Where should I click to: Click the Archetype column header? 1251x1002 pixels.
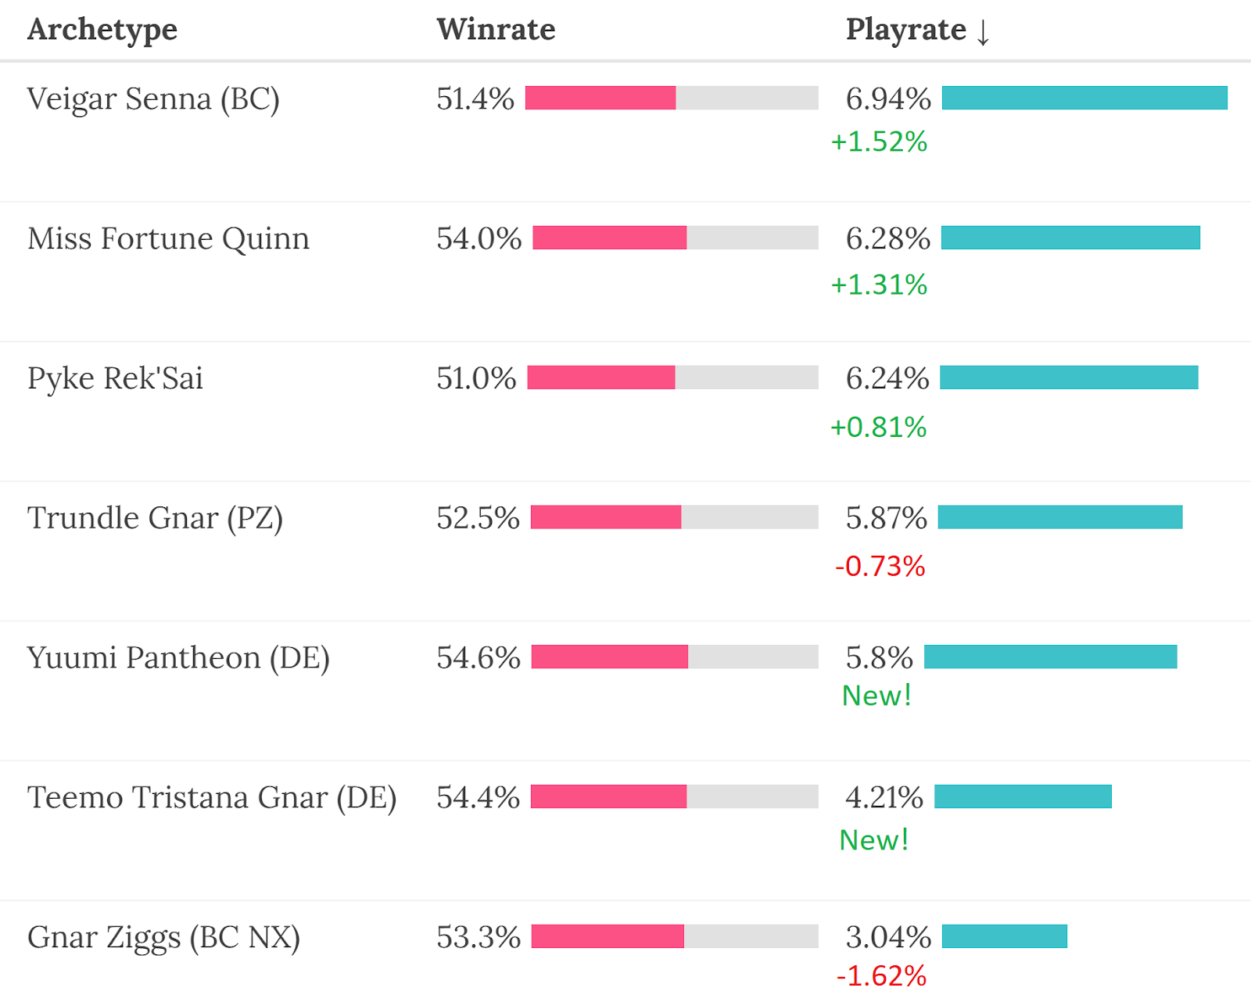point(102,30)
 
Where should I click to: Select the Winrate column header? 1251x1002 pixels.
point(496,30)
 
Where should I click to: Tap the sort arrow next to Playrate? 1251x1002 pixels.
point(983,31)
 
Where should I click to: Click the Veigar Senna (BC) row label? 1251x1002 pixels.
point(153,99)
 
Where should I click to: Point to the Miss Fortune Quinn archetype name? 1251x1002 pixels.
point(168,238)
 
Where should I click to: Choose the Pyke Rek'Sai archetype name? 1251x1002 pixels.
point(115,378)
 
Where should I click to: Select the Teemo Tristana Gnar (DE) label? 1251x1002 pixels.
point(212,797)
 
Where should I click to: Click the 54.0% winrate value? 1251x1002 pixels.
point(479,238)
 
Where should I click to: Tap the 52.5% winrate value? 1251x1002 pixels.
point(478,518)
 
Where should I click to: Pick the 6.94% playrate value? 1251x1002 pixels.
point(888,99)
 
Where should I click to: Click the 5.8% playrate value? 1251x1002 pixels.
point(879,658)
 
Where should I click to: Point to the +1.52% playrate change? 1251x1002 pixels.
point(879,141)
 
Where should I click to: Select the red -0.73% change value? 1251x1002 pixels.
point(880,566)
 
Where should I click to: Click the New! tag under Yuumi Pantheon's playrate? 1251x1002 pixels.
point(876,696)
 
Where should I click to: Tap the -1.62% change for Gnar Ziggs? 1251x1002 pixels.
point(881,975)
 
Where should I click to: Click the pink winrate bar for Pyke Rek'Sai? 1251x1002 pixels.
point(600,378)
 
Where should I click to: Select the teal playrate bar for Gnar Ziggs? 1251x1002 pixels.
point(1004,936)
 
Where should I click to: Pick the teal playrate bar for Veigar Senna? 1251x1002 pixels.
point(1084,98)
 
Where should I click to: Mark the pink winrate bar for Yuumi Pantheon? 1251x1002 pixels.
point(609,657)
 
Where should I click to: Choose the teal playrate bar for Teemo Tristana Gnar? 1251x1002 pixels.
point(1023,796)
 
